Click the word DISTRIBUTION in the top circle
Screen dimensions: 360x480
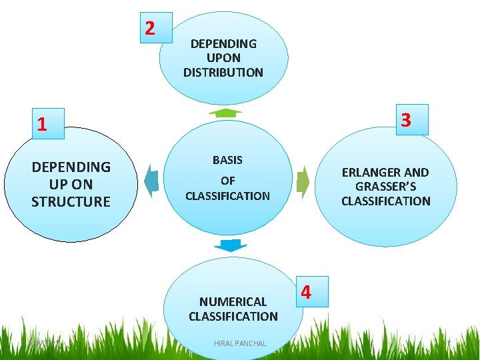coord(223,72)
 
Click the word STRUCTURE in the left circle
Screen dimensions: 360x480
coord(71,201)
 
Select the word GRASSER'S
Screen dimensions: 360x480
coord(386,187)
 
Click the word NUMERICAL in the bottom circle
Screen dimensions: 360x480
coord(233,302)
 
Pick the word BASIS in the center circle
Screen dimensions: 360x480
coord(227,160)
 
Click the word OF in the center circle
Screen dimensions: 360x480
coord(227,181)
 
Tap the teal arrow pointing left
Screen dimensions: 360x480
coord(151,181)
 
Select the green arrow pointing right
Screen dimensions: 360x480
coord(303,181)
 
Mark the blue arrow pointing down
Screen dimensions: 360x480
coord(231,245)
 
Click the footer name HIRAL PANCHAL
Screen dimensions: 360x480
coord(240,343)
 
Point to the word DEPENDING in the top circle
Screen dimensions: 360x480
coord(223,43)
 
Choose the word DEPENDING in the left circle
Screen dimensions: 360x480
coord(71,167)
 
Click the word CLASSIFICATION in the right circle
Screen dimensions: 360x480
coord(386,201)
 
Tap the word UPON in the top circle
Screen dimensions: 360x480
coord(223,58)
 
